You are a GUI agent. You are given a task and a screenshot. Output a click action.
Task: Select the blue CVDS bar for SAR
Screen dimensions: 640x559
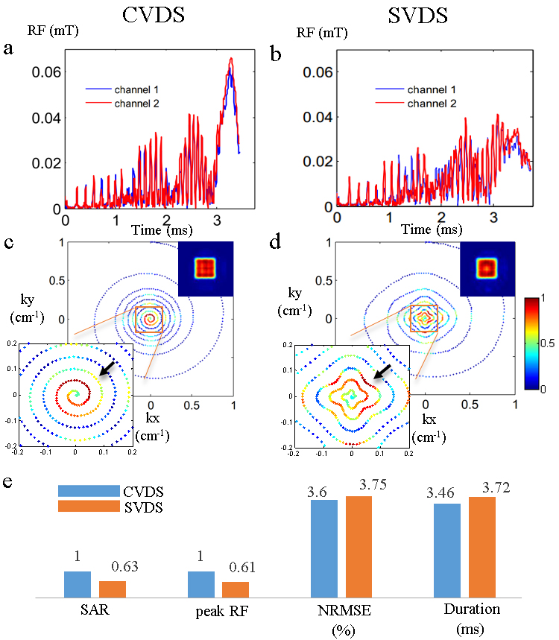[78, 584]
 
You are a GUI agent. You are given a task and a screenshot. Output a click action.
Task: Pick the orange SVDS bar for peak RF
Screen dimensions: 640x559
[236, 589]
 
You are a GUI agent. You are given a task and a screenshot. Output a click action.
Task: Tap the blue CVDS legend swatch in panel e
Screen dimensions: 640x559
[88, 490]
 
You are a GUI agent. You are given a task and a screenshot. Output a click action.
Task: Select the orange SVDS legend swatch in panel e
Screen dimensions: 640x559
[88, 507]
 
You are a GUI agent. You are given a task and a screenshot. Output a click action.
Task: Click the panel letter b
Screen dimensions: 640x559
[274, 54]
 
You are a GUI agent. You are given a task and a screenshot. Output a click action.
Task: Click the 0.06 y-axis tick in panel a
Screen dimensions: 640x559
[38, 72]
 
